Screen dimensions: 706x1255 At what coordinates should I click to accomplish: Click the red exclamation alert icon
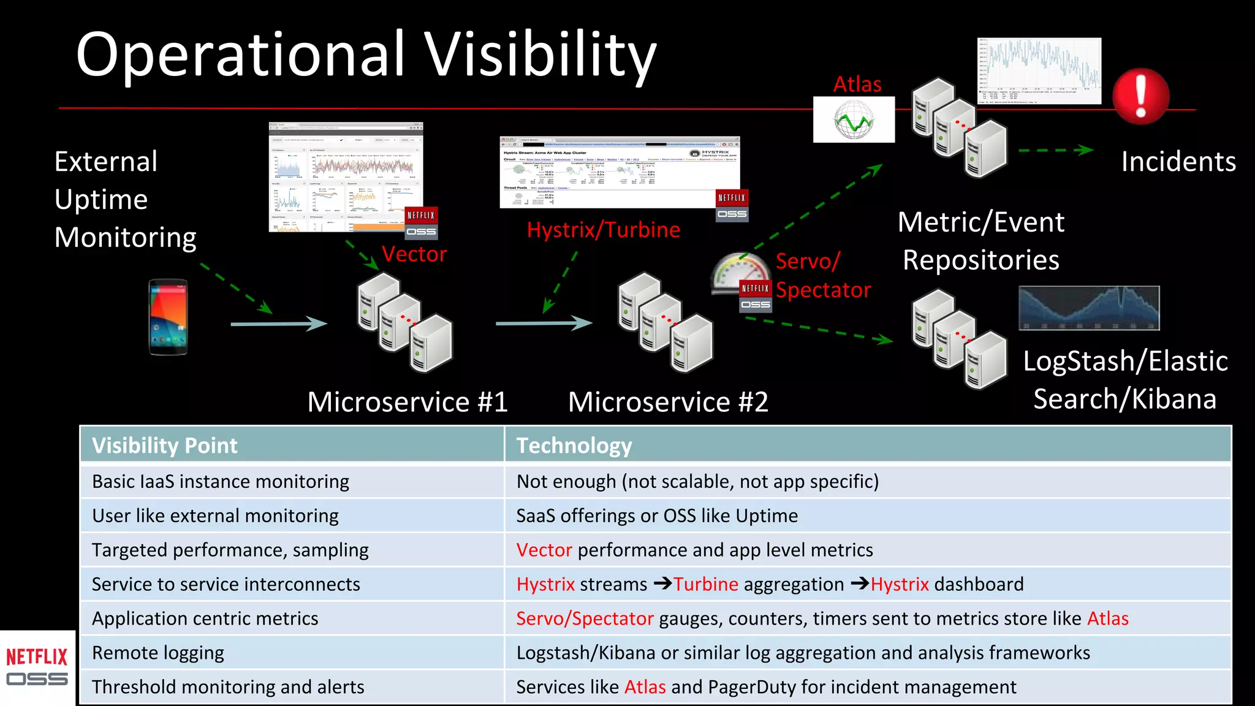1140,96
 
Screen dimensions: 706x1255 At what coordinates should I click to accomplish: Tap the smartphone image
168,317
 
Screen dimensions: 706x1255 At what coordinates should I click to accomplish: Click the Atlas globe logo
854,120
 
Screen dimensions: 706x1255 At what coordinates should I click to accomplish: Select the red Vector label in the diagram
414,254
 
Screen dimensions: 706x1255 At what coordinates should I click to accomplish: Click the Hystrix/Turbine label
603,230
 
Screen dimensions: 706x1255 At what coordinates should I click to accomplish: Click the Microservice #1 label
408,402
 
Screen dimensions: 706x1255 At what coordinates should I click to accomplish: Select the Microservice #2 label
668,402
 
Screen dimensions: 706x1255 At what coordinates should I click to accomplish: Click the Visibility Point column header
164,446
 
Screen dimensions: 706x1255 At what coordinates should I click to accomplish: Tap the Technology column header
574,446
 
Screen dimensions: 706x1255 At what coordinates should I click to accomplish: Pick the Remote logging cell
158,653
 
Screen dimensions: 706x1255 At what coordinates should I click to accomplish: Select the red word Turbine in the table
706,584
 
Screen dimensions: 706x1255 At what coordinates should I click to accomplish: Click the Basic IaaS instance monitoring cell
221,481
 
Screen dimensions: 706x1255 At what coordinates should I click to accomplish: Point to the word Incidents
1178,162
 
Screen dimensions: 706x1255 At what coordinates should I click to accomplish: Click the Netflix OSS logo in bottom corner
37,667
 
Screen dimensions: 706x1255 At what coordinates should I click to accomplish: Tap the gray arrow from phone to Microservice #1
279,323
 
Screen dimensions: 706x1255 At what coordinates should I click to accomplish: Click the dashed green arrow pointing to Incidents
1055,150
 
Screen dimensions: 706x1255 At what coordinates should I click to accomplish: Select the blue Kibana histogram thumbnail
1089,308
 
